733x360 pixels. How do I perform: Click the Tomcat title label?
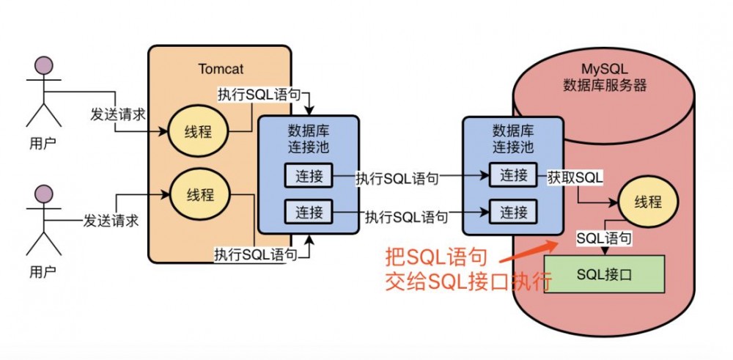pyautogui.click(x=221, y=69)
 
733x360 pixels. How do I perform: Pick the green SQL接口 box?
pyautogui.click(x=603, y=275)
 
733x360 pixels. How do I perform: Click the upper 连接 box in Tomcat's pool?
pyautogui.click(x=308, y=175)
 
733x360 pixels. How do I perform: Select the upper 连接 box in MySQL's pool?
pyautogui.click(x=513, y=175)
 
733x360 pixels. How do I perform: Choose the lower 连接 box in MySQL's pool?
pyautogui.click(x=513, y=213)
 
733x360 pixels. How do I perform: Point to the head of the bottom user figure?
pyautogui.click(x=43, y=195)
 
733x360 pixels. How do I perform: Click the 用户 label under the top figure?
pyautogui.click(x=41, y=141)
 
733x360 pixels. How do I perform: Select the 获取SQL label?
pyautogui.click(x=575, y=177)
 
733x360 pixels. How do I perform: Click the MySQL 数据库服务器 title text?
pyautogui.click(x=605, y=77)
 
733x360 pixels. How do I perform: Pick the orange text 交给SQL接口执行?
pyautogui.click(x=468, y=282)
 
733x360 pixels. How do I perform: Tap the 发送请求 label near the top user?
pyautogui.click(x=118, y=115)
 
